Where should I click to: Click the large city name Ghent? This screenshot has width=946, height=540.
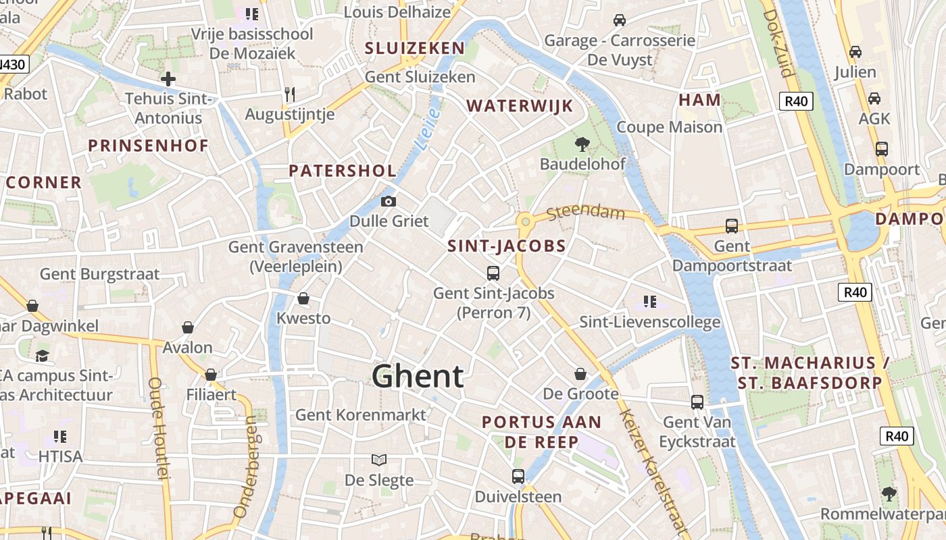click(x=418, y=376)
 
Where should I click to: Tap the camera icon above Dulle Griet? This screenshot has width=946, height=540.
click(x=389, y=201)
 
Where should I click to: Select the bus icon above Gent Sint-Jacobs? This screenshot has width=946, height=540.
click(x=493, y=273)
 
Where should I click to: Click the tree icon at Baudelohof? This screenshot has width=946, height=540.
click(x=581, y=144)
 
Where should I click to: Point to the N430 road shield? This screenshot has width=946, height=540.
click(x=14, y=65)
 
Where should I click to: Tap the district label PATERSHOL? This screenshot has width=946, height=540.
click(x=342, y=170)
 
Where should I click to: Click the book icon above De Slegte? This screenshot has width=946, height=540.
click(x=379, y=460)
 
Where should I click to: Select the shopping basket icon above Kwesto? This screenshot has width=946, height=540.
click(x=303, y=298)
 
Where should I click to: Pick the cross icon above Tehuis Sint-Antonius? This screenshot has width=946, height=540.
click(x=168, y=79)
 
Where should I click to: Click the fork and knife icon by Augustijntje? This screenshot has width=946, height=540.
click(x=290, y=94)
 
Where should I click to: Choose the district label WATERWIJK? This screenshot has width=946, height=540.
click(x=520, y=105)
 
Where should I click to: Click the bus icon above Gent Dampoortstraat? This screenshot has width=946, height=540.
click(x=732, y=226)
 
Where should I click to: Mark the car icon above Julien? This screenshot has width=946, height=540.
click(x=855, y=51)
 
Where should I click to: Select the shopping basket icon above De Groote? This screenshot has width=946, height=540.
click(x=580, y=373)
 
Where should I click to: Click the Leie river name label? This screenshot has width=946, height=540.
click(x=428, y=128)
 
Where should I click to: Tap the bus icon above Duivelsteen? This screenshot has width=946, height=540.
click(x=518, y=476)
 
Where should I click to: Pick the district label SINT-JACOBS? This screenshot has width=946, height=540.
click(x=506, y=246)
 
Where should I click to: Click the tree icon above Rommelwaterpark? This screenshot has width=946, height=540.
click(x=889, y=493)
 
